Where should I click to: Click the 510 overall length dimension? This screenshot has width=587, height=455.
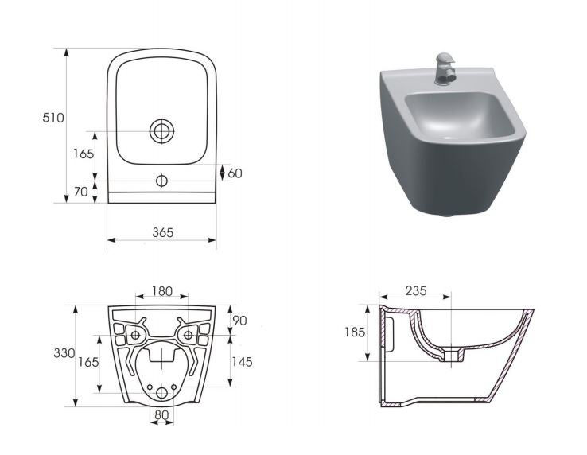[53, 118]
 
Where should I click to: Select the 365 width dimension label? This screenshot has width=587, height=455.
[161, 232]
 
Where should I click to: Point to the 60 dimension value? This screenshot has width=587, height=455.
[235, 173]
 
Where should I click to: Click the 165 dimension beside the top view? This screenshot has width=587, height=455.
[83, 154]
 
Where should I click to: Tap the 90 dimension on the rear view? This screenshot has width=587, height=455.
[239, 321]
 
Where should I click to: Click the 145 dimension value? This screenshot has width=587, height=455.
[241, 362]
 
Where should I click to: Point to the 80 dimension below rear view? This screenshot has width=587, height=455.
[161, 414]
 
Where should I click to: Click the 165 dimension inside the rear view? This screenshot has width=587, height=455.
[88, 362]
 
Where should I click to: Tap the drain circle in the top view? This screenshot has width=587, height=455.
[161, 131]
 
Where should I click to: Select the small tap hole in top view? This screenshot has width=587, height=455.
[161, 180]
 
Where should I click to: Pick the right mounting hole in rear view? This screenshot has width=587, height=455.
[188, 335]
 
